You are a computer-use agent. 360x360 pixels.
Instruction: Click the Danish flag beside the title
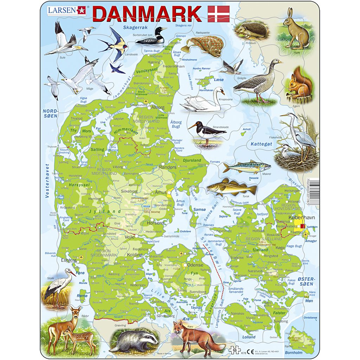(218, 14)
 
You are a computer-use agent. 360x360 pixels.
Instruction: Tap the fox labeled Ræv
(195, 337)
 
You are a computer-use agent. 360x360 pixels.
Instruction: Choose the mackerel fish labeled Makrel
(243, 167)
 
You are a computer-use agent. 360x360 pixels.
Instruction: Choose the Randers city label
(167, 167)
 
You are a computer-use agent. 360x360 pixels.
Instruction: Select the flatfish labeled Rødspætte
(204, 46)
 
